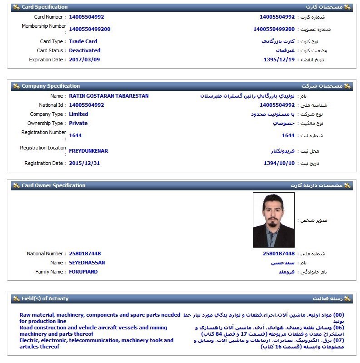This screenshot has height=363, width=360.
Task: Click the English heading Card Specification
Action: pos(44,7)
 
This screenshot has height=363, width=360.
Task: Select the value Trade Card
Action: pos(83,41)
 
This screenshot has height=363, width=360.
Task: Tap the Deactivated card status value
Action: pos(84,50)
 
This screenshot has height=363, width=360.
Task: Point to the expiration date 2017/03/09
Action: pos(84,60)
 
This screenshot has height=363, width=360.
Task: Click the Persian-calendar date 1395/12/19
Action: pos(279,60)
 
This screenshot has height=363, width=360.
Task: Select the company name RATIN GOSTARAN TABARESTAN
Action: pos(108,96)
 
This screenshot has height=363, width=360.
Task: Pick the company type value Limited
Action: pos(79,114)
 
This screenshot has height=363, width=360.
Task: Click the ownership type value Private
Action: pos(78,123)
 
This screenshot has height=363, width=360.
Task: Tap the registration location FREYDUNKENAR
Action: pos(89,151)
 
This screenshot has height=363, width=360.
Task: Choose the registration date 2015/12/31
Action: pos(84,163)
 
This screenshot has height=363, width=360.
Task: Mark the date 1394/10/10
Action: pos(279,163)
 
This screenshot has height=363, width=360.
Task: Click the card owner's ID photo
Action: pos(273,220)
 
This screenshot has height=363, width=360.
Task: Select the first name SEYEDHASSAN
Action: pos(87,263)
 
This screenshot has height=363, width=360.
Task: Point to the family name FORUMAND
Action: pos(83,272)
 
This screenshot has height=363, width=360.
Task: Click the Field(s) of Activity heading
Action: pos(45,298)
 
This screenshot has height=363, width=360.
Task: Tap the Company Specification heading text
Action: pos(50,86)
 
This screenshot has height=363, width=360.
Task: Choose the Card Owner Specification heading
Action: pos(53,185)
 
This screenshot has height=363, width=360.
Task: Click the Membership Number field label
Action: pos(44,26)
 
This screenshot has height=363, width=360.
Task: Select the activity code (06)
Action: pos(339,328)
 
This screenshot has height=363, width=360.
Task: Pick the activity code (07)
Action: pos(339,340)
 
